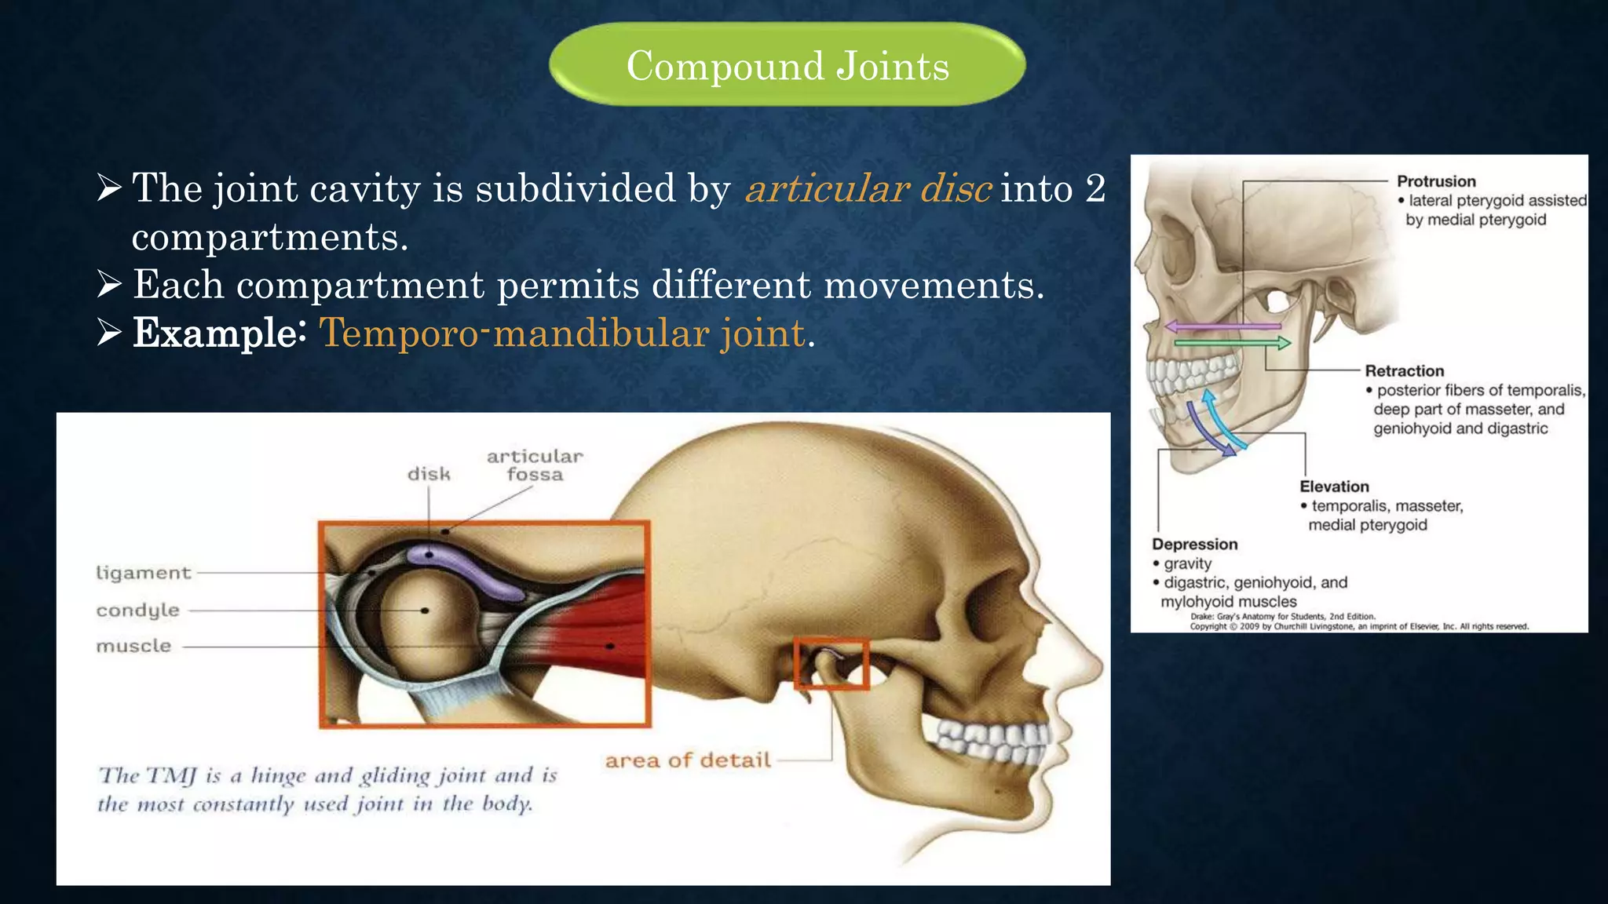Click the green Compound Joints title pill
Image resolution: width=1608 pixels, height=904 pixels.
coord(787,64)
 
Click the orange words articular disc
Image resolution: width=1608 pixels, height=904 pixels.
coord(868,189)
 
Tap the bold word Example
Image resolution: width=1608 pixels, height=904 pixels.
coord(214,333)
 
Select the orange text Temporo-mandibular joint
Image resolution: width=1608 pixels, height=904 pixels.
coord(562,333)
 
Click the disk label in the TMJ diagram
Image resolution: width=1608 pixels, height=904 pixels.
coord(429,474)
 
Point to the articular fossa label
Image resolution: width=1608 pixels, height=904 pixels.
coord(535,465)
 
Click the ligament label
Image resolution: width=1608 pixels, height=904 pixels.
coord(143,573)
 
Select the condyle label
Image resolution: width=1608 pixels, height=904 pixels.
coord(137,610)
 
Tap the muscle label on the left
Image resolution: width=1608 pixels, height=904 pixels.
coord(133,646)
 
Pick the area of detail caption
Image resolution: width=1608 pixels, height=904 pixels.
coord(688,760)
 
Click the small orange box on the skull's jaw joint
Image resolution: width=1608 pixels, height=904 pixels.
coord(831,664)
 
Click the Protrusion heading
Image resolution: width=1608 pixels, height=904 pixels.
coord(1436,181)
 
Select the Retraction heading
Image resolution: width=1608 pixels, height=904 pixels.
coord(1404,371)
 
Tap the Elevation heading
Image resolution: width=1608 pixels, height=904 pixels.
coord(1334,487)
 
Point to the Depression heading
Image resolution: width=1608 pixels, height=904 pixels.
coord(1194,544)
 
